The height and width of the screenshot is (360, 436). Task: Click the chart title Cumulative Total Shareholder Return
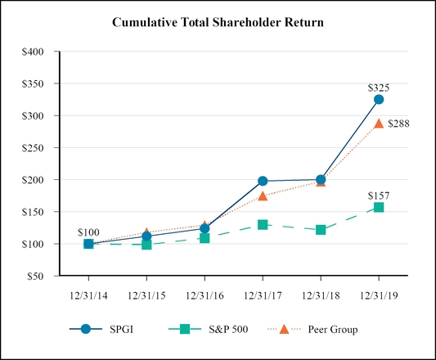[218, 22]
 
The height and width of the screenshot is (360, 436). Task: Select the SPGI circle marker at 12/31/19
[379, 99]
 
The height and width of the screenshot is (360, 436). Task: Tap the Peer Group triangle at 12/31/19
[379, 123]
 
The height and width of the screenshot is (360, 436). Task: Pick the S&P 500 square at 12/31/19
[379, 207]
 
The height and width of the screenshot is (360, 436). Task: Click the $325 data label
[378, 86]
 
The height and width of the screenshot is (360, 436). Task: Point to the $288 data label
[400, 124]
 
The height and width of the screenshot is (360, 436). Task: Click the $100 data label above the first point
[88, 232]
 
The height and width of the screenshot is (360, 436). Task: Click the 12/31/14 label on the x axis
[88, 291]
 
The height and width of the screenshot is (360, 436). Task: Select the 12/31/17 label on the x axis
[263, 291]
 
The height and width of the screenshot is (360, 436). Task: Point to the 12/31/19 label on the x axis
[379, 291]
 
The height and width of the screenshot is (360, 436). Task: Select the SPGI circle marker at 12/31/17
[263, 181]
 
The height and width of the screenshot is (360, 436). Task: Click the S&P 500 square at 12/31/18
[321, 230]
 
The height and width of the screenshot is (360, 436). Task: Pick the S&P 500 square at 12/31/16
[205, 238]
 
